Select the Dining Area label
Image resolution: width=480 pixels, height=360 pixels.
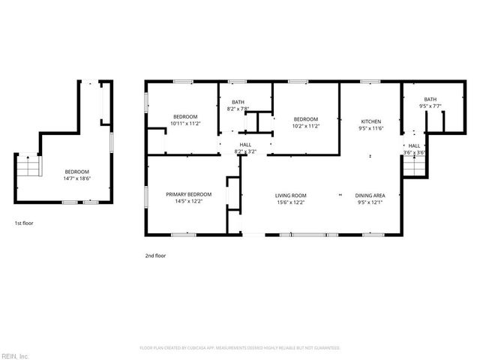(370, 195)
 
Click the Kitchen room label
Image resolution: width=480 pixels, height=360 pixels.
(371, 121)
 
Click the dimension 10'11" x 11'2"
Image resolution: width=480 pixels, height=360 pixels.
(185, 123)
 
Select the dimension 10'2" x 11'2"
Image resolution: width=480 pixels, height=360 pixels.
(306, 126)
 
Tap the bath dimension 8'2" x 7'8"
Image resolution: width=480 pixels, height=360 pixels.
(238, 109)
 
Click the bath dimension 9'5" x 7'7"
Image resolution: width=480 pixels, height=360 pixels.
(430, 106)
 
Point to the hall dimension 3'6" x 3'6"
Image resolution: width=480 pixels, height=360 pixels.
(414, 152)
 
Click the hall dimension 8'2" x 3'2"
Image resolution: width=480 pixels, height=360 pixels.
(245, 151)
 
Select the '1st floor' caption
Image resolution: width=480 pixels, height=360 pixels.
(23, 223)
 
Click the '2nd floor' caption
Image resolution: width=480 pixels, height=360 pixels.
(155, 256)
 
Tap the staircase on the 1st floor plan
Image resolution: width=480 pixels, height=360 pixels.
(28, 166)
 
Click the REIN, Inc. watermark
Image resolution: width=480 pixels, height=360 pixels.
(14, 355)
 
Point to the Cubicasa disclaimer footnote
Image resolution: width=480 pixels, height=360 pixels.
(240, 348)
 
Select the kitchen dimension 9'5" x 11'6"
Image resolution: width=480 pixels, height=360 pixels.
(371, 128)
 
